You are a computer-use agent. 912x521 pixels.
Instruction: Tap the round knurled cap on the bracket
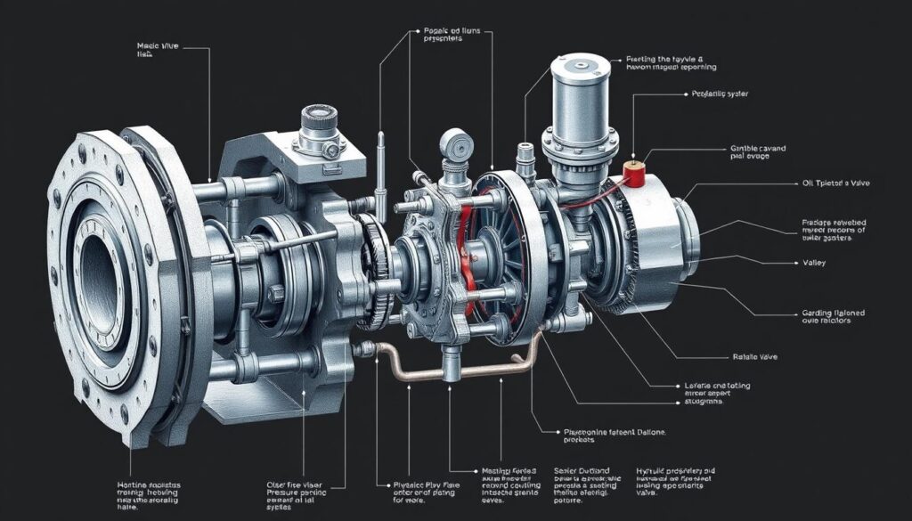(317, 118)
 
